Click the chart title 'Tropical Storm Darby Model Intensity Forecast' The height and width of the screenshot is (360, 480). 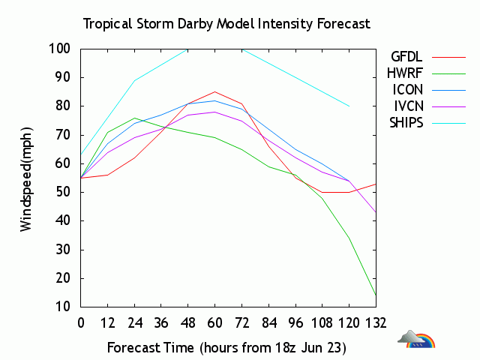click(x=226, y=23)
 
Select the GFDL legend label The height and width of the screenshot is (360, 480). click(x=407, y=56)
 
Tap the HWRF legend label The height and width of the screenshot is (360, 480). click(x=406, y=73)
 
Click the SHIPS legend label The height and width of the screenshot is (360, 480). click(x=406, y=122)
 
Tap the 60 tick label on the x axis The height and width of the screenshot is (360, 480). click(x=215, y=323)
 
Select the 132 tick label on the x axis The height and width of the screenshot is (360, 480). click(x=376, y=323)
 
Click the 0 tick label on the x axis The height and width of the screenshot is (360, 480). click(x=81, y=323)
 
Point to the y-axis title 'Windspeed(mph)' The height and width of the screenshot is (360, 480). click(x=26, y=178)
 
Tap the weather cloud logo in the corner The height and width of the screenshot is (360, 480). click(x=416, y=340)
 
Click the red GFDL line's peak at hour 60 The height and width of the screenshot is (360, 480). click(x=215, y=91)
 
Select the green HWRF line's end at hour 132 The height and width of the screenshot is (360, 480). click(x=376, y=295)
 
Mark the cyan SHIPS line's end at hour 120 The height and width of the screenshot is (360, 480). click(x=349, y=106)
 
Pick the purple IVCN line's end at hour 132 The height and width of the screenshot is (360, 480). click(x=376, y=212)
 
